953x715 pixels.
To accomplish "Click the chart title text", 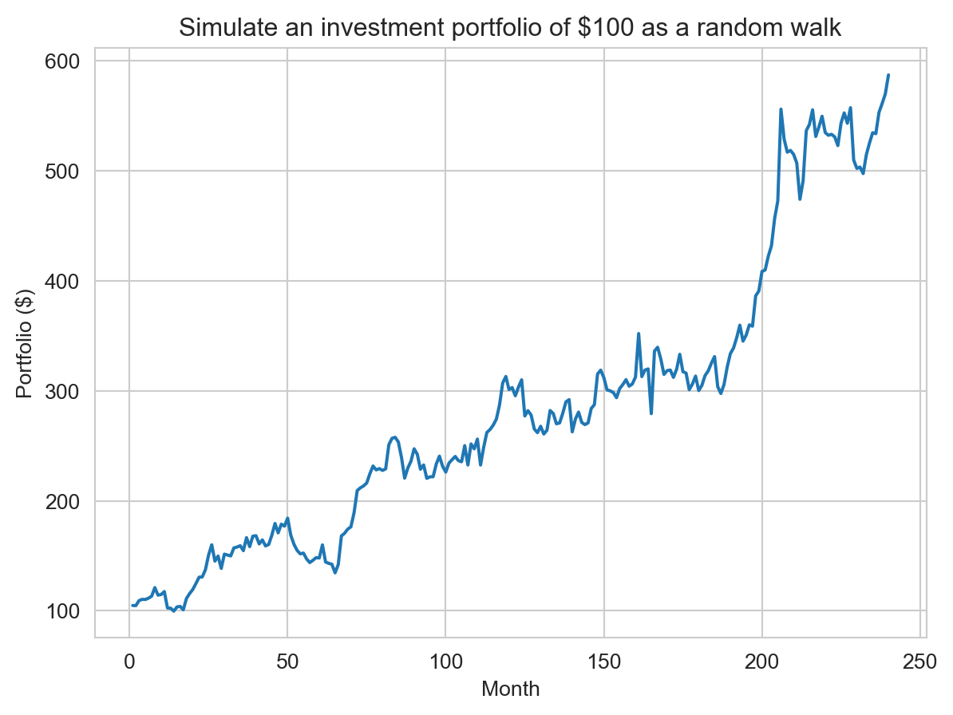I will coord(510,28).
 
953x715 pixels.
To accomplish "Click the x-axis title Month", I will coord(510,689).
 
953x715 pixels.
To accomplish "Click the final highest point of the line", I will coord(888,75).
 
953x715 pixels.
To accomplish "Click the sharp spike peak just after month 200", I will coord(781,109).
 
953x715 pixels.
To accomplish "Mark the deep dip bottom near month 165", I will coord(651,413).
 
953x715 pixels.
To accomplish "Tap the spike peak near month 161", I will coord(639,334).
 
